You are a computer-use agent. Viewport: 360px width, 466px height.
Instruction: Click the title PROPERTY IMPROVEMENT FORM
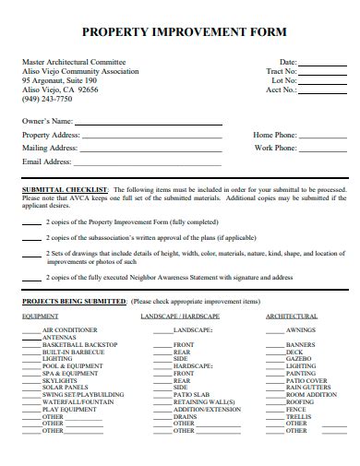(179, 30)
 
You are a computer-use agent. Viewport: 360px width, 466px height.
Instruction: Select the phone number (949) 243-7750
(45, 99)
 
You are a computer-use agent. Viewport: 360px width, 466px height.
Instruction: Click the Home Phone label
(275, 135)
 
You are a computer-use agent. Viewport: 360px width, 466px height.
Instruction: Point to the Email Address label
(46, 161)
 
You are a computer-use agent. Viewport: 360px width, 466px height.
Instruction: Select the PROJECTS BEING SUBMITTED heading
(74, 301)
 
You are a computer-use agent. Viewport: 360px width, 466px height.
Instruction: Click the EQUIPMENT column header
(40, 316)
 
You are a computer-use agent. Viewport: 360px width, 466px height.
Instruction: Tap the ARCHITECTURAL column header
(292, 316)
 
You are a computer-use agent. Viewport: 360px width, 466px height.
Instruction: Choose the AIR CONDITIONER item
(69, 330)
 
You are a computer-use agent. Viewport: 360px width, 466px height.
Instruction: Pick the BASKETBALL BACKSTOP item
(78, 344)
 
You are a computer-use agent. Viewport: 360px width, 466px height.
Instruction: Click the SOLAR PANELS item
(64, 388)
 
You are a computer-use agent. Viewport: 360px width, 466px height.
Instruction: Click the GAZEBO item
(297, 358)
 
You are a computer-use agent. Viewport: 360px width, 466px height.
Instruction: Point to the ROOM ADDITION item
(311, 394)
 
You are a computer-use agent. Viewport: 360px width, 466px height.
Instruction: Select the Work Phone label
(275, 148)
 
